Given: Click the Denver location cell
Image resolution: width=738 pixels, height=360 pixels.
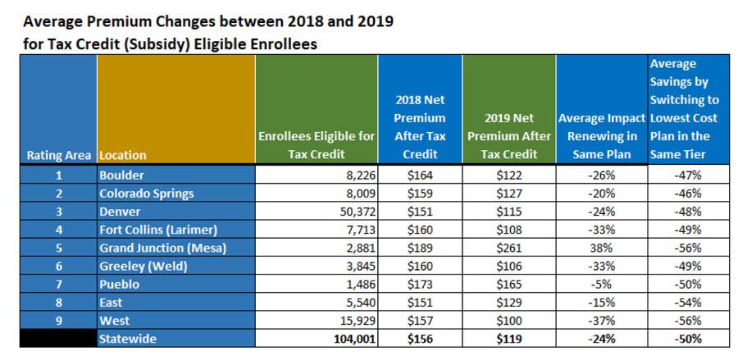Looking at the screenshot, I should coord(120,211).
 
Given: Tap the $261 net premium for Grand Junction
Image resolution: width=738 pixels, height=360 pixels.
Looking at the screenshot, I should coord(508,247).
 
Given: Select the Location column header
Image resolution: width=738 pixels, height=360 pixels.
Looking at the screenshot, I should coord(123,154).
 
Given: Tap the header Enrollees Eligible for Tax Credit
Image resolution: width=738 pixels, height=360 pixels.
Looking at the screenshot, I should coord(317,145).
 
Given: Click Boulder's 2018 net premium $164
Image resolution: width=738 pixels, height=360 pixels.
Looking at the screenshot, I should coord(420,175).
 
